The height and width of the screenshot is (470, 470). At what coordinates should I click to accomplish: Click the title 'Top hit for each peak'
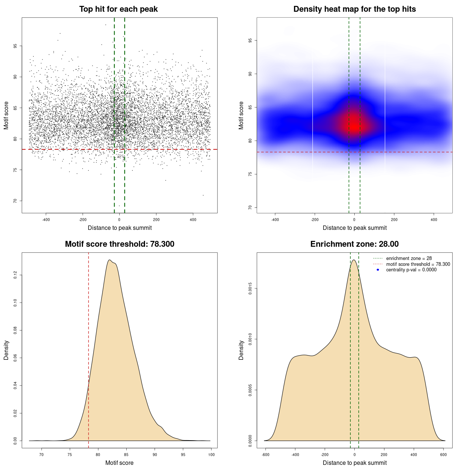118,9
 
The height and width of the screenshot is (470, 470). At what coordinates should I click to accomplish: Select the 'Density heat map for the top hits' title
354,9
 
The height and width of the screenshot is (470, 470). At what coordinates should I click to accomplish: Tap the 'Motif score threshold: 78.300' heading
119,244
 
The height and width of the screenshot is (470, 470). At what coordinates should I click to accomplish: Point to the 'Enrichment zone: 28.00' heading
354,244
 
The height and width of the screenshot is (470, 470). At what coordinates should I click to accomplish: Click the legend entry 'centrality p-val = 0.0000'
411,270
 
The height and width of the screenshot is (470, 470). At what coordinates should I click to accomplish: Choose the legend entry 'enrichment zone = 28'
409,258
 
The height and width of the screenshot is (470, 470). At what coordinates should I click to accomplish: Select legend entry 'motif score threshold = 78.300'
418,264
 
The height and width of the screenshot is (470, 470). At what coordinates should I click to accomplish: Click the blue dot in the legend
378,270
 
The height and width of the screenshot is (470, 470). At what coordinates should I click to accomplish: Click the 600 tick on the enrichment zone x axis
443,455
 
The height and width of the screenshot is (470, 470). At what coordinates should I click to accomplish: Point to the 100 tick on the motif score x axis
211,455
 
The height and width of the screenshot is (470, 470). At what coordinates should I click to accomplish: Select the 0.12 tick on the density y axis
15,275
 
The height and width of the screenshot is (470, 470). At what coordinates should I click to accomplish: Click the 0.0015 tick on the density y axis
250,289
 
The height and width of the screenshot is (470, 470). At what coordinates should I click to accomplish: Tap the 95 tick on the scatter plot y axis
15,46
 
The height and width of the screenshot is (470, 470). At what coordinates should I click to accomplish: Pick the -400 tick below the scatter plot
46,220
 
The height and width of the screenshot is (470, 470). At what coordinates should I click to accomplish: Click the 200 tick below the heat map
394,220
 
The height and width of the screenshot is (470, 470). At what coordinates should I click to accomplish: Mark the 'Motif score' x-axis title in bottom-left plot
119,463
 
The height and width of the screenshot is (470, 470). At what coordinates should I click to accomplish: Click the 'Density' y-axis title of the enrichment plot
241,350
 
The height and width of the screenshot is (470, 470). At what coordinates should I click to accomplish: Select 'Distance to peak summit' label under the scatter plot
120,228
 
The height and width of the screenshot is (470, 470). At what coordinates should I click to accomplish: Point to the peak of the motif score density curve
109,260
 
